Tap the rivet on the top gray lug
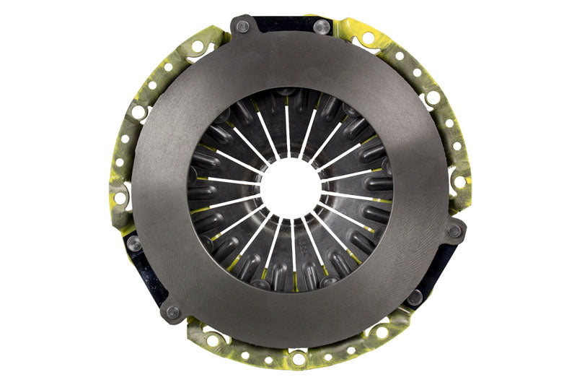point(242,26)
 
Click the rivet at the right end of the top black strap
point(322,27)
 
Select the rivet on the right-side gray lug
point(454,232)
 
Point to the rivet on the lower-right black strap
point(415,297)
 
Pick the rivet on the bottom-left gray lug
point(172,312)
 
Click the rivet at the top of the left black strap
point(133,244)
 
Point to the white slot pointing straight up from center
point(288,130)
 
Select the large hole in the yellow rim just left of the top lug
point(196,47)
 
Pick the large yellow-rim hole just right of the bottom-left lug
point(211,339)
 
